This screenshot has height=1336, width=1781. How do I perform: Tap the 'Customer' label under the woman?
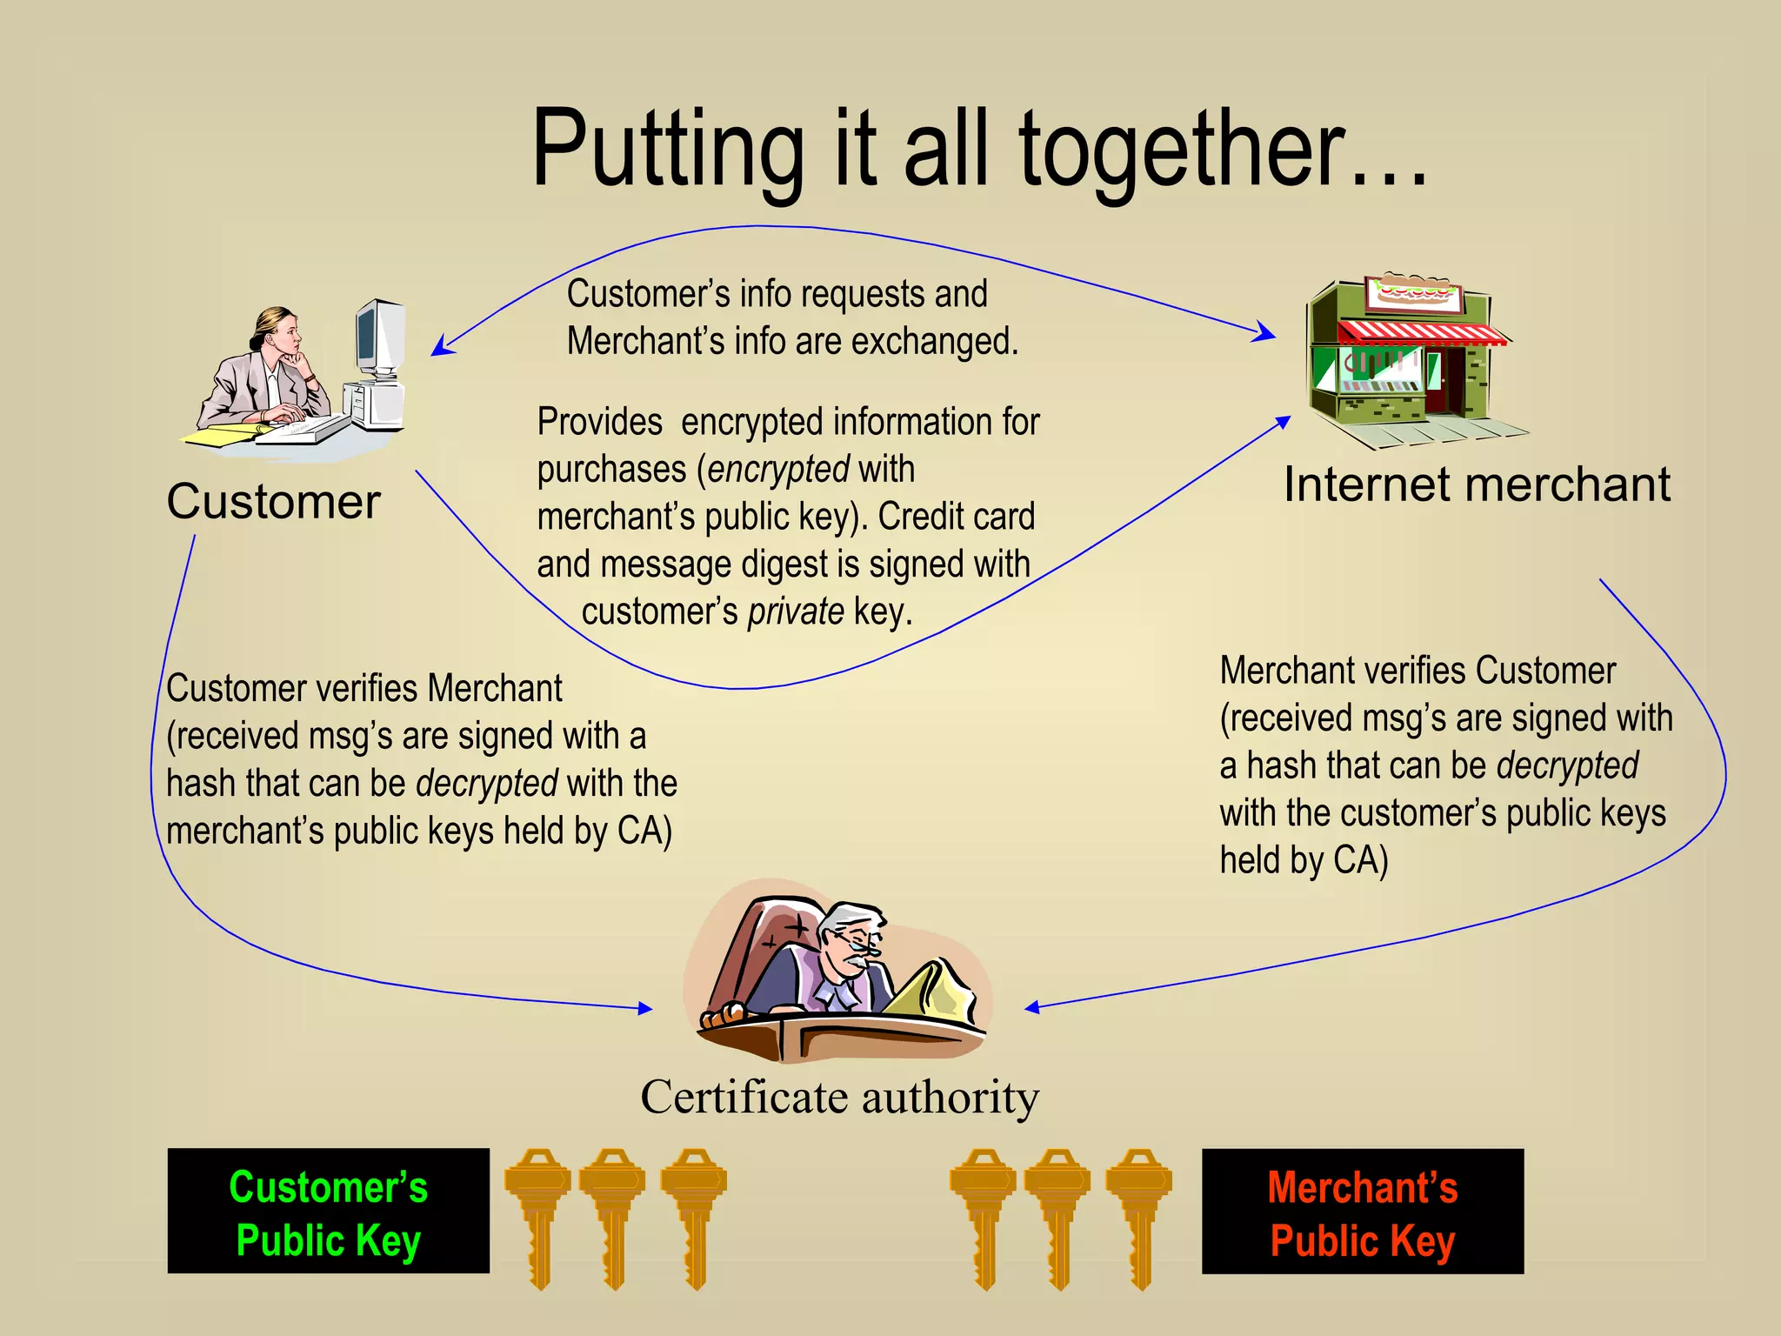coord(273,502)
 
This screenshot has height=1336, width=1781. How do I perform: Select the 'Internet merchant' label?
coord(1477,484)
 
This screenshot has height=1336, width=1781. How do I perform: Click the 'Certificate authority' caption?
coord(839,1098)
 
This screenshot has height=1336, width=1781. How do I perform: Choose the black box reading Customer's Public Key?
coord(328,1211)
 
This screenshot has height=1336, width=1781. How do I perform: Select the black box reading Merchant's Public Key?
coord(1362,1212)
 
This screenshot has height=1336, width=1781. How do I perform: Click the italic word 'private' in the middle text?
coord(796,612)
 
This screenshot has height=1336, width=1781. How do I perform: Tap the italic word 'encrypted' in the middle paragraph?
coord(778,470)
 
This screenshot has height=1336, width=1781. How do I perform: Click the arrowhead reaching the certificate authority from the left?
coord(645,1008)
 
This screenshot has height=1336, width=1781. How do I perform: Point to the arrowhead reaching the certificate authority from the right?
coord(1031,1007)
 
